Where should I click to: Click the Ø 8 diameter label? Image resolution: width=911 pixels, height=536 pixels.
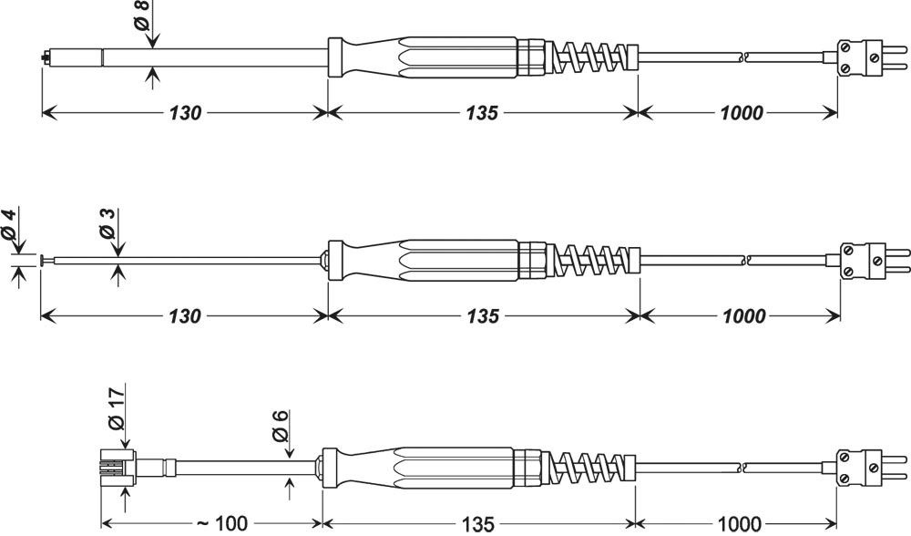coord(143,15)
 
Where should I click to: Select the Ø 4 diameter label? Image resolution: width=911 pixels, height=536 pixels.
coord(9,224)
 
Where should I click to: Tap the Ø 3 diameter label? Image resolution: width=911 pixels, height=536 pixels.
coord(108,224)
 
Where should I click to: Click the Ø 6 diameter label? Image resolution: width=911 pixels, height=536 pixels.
coord(280,426)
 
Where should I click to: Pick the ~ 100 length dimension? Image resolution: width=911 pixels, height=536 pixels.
coord(222,524)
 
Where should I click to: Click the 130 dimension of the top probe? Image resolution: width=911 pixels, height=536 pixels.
coord(185,113)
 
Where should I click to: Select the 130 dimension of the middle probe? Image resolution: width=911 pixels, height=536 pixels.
coord(185,316)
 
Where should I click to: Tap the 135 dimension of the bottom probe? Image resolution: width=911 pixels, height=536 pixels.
coord(478,524)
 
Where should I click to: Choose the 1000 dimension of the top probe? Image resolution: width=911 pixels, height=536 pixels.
coord(742,113)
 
